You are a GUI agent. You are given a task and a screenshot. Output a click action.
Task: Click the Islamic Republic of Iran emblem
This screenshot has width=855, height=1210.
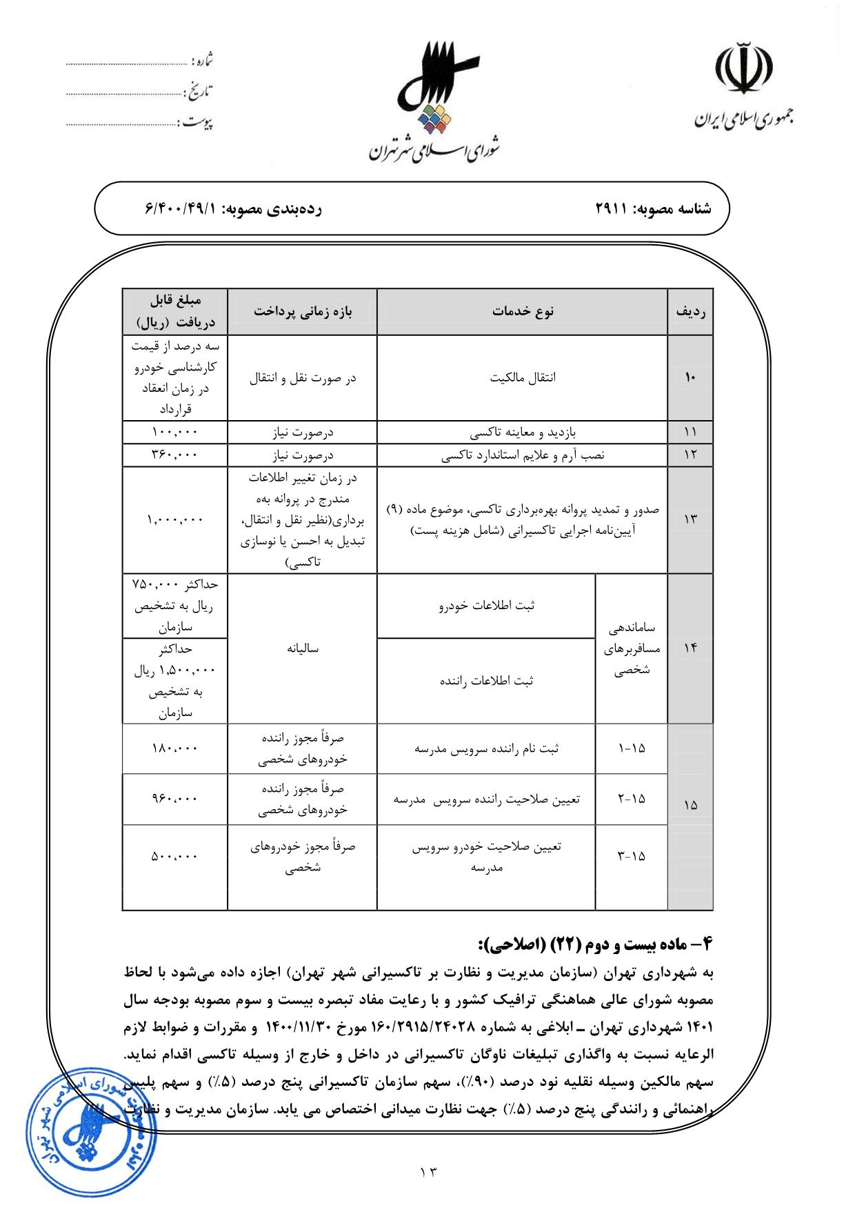pyautogui.click(x=742, y=69)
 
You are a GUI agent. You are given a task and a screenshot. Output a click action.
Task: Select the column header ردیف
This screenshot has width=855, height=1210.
pyautogui.click(x=690, y=311)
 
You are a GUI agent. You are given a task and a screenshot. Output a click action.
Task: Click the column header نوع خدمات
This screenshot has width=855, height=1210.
pyautogui.click(x=523, y=311)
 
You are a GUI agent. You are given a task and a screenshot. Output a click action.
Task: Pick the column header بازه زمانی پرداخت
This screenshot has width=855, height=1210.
pyautogui.click(x=303, y=311)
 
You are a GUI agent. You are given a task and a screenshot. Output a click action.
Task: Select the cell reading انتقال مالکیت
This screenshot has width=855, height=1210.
pyautogui.click(x=523, y=378)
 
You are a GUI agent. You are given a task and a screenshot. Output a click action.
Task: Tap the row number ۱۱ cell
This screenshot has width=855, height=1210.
pyautogui.click(x=690, y=433)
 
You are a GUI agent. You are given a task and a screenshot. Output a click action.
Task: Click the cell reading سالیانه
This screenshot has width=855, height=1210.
pyautogui.click(x=303, y=648)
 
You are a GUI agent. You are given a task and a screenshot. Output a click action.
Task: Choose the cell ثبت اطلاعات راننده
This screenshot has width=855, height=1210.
pyautogui.click(x=486, y=681)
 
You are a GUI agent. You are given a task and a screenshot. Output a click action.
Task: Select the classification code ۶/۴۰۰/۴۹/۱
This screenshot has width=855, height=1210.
pyautogui.click(x=181, y=208)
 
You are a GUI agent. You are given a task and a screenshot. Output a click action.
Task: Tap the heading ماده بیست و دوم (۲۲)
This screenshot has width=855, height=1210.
pyautogui.click(x=593, y=943)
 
